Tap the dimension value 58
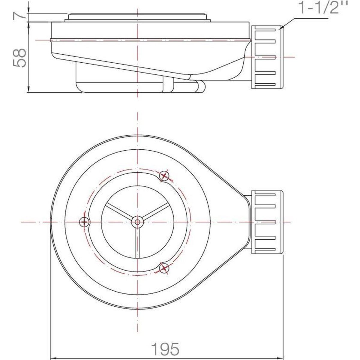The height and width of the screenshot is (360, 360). (x=19, y=58)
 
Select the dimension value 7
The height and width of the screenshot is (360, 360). (x=19, y=14)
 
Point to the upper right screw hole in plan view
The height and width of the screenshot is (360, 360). (x=164, y=175)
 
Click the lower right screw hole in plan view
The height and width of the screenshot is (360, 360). (x=164, y=268)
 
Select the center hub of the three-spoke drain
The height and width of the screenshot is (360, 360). (x=137, y=222)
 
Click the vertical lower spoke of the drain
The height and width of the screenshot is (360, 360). (x=137, y=243)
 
